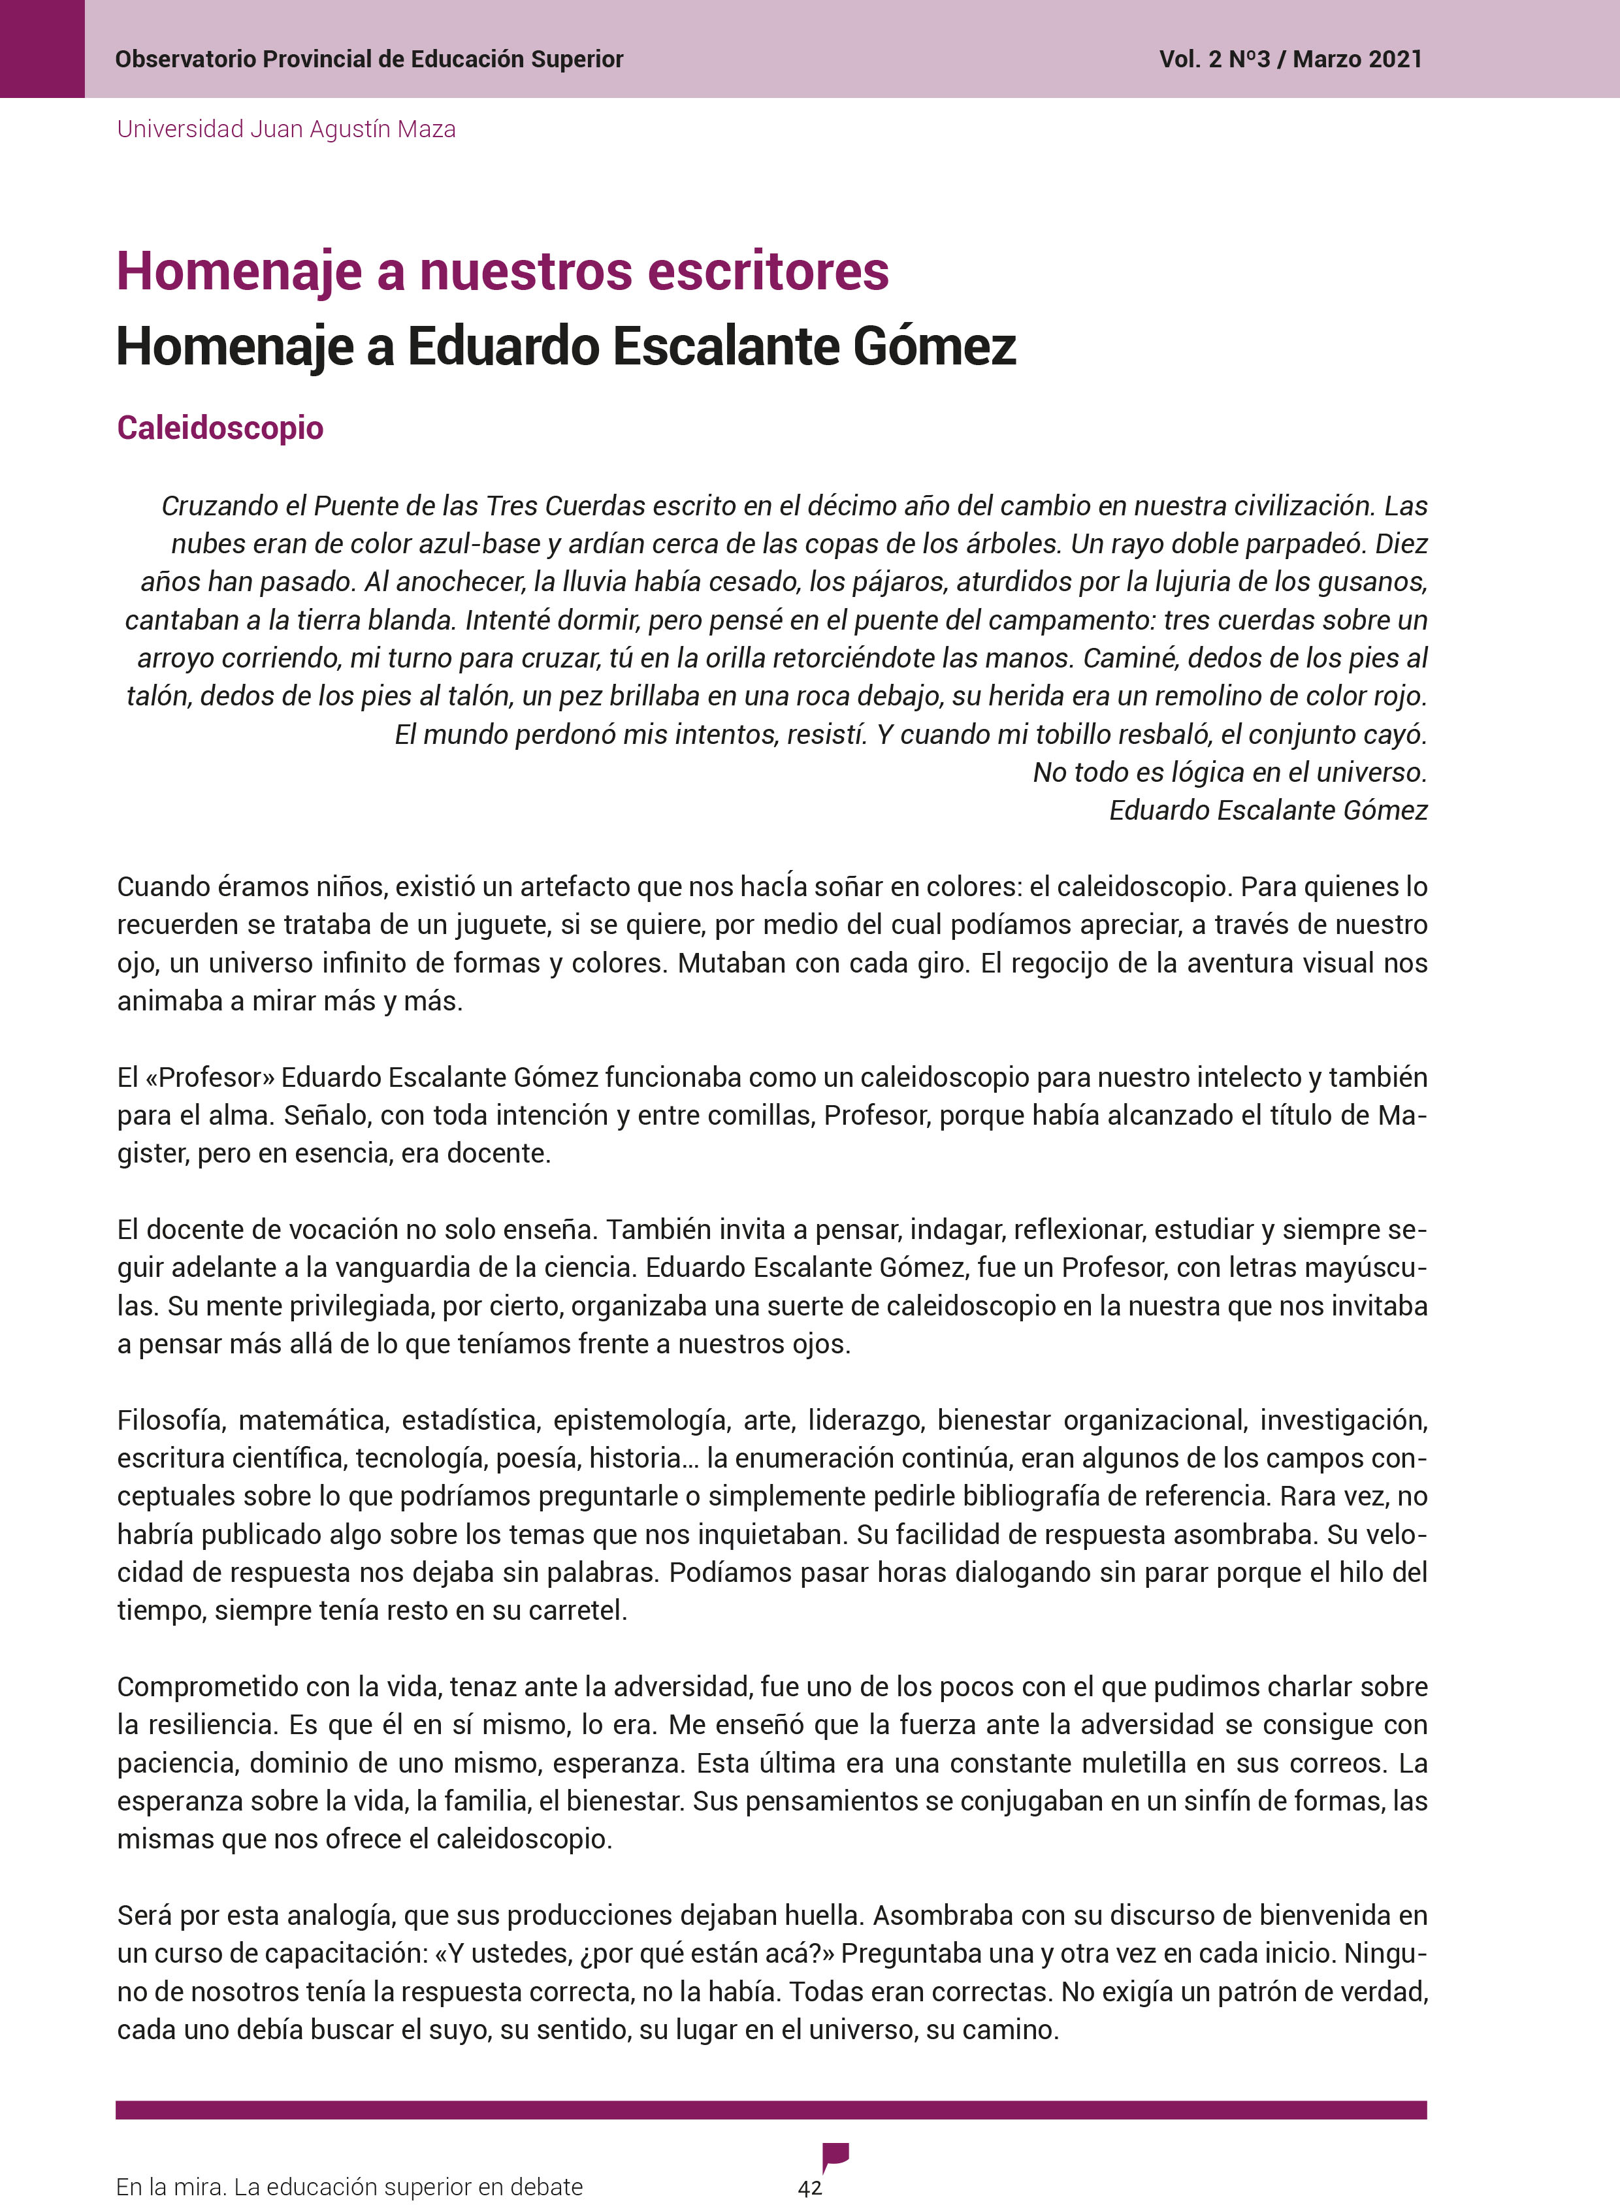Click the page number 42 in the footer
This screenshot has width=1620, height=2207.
tap(810, 2187)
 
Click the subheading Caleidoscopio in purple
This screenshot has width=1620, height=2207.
tap(219, 428)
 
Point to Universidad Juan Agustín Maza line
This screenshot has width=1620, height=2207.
tap(286, 129)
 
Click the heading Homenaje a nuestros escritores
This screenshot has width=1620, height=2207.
tap(502, 272)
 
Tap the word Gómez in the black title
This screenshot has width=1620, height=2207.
tap(933, 347)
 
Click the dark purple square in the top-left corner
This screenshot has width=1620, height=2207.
tap(42, 49)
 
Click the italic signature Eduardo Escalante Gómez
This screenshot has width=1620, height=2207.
tap(1267, 810)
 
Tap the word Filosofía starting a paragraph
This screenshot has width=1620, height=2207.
tap(172, 1420)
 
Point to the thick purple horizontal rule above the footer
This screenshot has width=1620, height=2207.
tap(771, 2110)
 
